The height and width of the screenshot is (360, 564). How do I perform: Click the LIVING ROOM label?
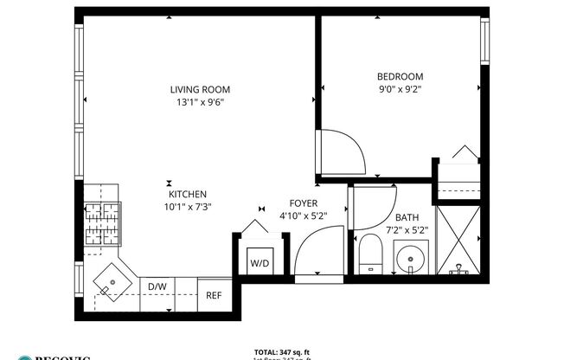(200, 89)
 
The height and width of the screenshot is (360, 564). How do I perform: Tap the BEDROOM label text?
(401, 76)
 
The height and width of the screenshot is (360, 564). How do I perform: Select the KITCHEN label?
(187, 195)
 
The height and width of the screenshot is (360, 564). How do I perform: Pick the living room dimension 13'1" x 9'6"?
(200, 102)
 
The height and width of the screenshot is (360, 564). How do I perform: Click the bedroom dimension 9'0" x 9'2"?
(401, 88)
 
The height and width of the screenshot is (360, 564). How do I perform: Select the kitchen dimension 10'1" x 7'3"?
(187, 207)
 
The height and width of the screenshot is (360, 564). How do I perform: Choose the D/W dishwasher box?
(157, 286)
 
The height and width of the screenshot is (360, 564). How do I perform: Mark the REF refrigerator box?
(213, 294)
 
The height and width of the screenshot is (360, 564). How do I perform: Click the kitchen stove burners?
(102, 222)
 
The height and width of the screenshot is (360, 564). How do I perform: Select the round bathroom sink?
(409, 257)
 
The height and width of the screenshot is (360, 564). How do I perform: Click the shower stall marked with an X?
(459, 238)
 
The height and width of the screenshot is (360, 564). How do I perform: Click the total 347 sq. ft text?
(282, 351)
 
